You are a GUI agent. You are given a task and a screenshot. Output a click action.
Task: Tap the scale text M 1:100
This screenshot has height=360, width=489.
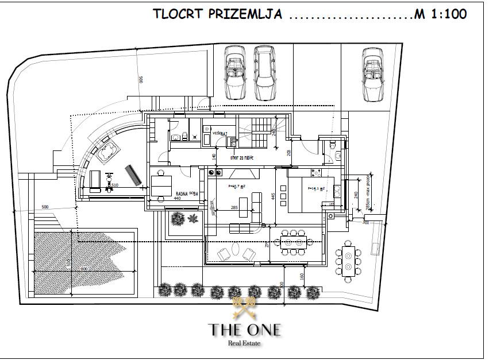pyautogui.click(x=441, y=14)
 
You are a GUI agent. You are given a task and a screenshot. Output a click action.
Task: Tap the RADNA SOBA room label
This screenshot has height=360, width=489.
pyautogui.click(x=187, y=194)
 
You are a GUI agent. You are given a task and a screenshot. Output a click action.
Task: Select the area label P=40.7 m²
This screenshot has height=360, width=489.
pyautogui.click(x=237, y=186)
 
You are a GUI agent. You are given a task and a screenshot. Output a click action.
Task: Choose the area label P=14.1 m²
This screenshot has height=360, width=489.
pyautogui.click(x=317, y=188)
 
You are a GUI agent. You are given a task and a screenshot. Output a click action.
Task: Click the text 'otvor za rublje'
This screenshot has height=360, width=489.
pyautogui.click(x=242, y=158)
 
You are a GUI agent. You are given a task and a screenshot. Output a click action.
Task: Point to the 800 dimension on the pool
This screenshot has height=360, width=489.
pyautogui.click(x=84, y=268)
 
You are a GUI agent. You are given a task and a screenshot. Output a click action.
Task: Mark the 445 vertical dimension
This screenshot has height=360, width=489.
pyautogui.click(x=274, y=197)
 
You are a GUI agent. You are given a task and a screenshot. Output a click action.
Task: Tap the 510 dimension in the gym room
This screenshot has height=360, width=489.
pyautogui.click(x=114, y=185)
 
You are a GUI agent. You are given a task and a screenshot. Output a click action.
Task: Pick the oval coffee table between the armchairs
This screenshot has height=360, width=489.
pyautogui.click(x=236, y=251)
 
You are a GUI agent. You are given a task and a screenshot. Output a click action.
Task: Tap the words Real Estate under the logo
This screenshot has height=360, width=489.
pyautogui.click(x=245, y=343)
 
